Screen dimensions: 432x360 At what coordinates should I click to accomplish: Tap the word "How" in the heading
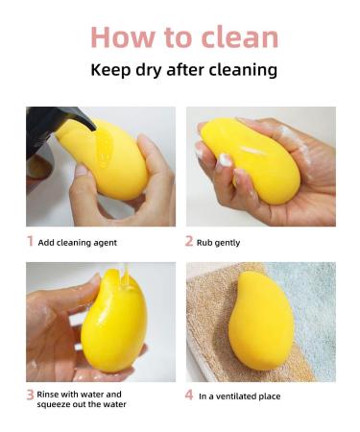[x=120, y=36]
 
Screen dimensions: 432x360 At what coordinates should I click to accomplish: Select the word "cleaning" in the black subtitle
[x=240, y=70]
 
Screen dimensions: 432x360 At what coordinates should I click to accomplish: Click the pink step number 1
[x=30, y=242]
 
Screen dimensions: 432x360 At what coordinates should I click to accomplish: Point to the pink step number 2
[x=189, y=242]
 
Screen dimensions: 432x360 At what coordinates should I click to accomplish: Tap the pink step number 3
[x=30, y=394]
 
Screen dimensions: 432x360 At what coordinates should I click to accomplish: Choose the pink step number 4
[x=189, y=394]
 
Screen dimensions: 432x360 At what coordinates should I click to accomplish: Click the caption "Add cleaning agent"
[x=78, y=243]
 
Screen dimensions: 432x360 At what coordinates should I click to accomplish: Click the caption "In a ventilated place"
[x=239, y=394]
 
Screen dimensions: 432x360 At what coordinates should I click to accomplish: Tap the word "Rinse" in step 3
[x=52, y=394]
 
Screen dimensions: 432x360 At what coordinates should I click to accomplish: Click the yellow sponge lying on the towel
[x=260, y=321]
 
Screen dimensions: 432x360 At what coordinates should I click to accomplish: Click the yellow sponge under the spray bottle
[x=105, y=158]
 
